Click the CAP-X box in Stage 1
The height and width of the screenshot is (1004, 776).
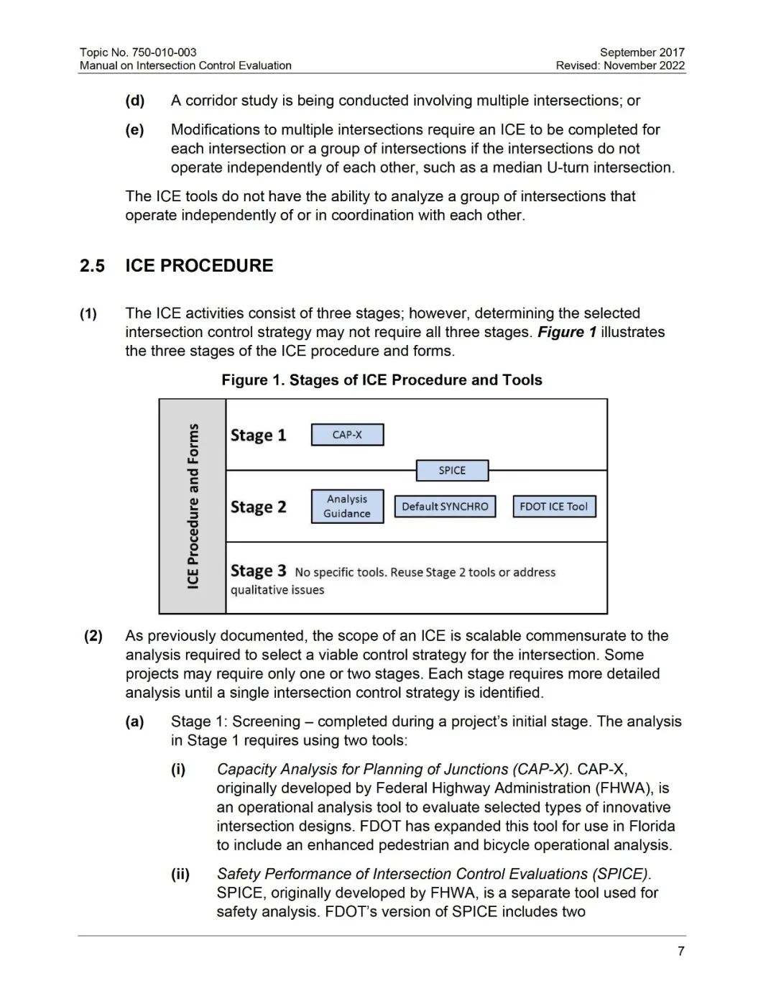pyautogui.click(x=347, y=435)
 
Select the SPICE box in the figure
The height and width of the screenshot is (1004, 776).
pyautogui.click(x=452, y=471)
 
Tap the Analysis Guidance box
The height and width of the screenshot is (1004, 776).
pyautogui.click(x=347, y=506)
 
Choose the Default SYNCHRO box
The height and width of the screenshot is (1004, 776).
pyautogui.click(x=445, y=507)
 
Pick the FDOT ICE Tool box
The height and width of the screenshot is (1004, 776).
pyautogui.click(x=553, y=507)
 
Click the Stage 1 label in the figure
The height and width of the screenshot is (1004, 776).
pyautogui.click(x=258, y=436)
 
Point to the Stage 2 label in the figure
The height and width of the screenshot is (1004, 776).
pyautogui.click(x=258, y=507)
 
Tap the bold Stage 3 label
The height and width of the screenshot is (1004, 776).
pyautogui.click(x=258, y=571)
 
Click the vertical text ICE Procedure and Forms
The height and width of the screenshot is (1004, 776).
pyautogui.click(x=193, y=506)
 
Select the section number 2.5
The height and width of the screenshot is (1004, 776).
pyautogui.click(x=92, y=266)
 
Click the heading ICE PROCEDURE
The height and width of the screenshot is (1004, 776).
pyautogui.click(x=199, y=266)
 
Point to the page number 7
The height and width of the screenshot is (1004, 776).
pyautogui.click(x=680, y=952)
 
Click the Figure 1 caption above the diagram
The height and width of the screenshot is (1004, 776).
pyautogui.click(x=382, y=380)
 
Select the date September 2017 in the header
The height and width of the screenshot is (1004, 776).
pyautogui.click(x=642, y=52)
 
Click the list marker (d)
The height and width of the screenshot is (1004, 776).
pyautogui.click(x=134, y=101)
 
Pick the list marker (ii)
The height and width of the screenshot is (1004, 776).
pyautogui.click(x=180, y=874)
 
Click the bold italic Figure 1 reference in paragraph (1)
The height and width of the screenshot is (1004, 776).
pyautogui.click(x=567, y=332)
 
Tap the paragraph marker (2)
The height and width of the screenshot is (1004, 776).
pyautogui.click(x=93, y=636)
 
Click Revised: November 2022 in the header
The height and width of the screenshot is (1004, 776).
pyautogui.click(x=620, y=65)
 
